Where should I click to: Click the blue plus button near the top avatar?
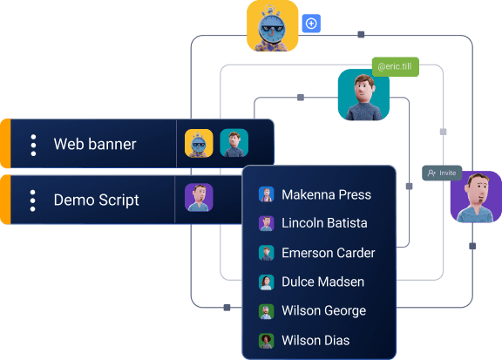click(310, 24)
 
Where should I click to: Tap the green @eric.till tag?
click(395, 67)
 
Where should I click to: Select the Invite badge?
click(442, 173)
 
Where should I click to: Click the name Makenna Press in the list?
click(326, 194)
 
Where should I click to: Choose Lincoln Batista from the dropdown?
click(324, 223)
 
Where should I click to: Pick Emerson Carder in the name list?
click(328, 253)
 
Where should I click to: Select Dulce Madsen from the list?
click(322, 282)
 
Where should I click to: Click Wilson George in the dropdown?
click(323, 310)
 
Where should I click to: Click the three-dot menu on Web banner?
click(33, 145)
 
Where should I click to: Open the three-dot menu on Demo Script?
click(33, 200)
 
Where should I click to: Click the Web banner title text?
click(94, 145)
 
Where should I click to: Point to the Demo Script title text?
click(96, 200)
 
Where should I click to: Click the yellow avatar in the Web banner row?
click(199, 143)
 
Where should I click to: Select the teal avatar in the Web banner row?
click(234, 143)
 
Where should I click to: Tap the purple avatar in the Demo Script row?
click(199, 197)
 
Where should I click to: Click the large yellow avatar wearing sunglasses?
click(272, 26)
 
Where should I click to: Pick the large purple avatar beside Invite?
click(475, 197)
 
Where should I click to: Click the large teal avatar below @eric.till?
click(363, 95)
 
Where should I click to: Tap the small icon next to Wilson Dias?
click(267, 341)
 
